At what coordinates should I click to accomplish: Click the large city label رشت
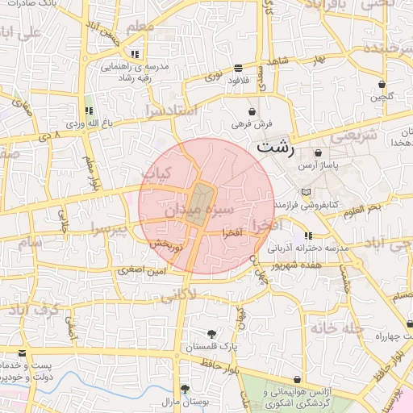click(277, 149)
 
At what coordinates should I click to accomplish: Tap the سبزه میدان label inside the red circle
click(199, 211)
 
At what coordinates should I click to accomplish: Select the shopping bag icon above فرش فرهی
click(253, 111)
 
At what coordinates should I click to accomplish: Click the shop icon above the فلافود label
click(237, 69)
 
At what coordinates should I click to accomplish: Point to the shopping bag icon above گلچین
click(382, 84)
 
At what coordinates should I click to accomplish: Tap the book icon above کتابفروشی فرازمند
click(304, 192)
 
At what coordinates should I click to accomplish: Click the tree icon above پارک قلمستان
click(211, 333)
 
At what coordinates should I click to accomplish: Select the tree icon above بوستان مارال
click(185, 389)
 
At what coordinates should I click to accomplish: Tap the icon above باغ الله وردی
click(89, 110)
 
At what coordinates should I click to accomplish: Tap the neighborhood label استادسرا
click(170, 109)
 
